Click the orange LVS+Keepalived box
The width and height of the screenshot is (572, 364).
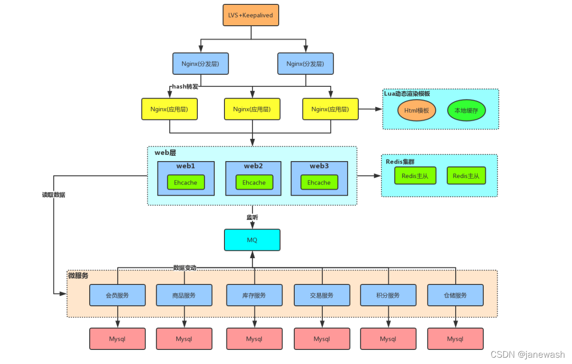point(251,15)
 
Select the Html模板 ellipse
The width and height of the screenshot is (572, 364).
point(416,110)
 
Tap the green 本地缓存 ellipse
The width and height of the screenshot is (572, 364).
point(466,110)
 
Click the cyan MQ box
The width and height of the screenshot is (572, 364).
point(252,240)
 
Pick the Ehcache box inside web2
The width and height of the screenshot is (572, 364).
point(254,182)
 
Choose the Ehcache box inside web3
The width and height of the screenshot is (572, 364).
point(319,182)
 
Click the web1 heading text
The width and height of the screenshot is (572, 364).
point(186,166)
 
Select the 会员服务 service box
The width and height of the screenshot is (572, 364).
point(117,295)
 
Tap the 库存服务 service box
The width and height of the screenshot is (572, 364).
point(254,295)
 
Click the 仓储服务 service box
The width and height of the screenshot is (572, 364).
point(455,295)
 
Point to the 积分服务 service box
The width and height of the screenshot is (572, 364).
point(388,295)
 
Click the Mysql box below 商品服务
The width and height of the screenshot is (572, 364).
point(184,339)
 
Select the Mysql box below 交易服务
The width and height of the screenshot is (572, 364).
point(322,339)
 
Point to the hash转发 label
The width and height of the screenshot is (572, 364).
point(185,86)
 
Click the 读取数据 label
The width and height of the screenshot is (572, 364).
point(54,195)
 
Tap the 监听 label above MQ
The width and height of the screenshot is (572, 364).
point(252,217)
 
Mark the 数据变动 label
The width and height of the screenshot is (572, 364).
point(185,267)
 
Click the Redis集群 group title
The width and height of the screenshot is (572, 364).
point(400,161)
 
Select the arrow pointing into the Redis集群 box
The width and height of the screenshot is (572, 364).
point(369,176)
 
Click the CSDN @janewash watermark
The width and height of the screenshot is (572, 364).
point(527,354)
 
